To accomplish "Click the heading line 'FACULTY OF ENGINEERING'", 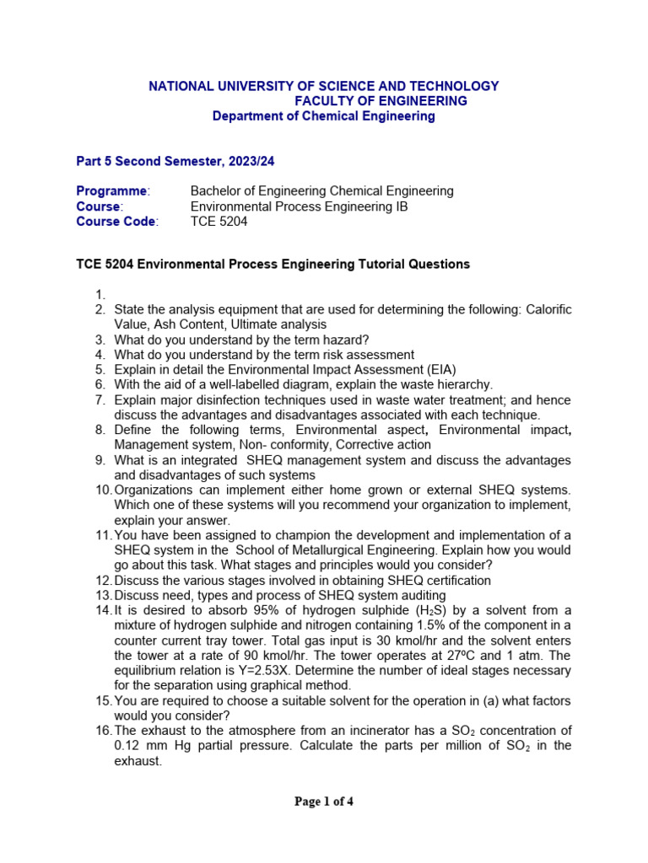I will point(381,101).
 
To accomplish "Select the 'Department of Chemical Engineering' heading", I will point(324,116).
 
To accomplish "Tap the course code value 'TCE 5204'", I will point(219,222).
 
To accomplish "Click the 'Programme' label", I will point(112,191).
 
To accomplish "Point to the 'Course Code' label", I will point(116,222).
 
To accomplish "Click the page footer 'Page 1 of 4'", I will point(324,801).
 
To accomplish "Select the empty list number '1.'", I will point(100,294).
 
